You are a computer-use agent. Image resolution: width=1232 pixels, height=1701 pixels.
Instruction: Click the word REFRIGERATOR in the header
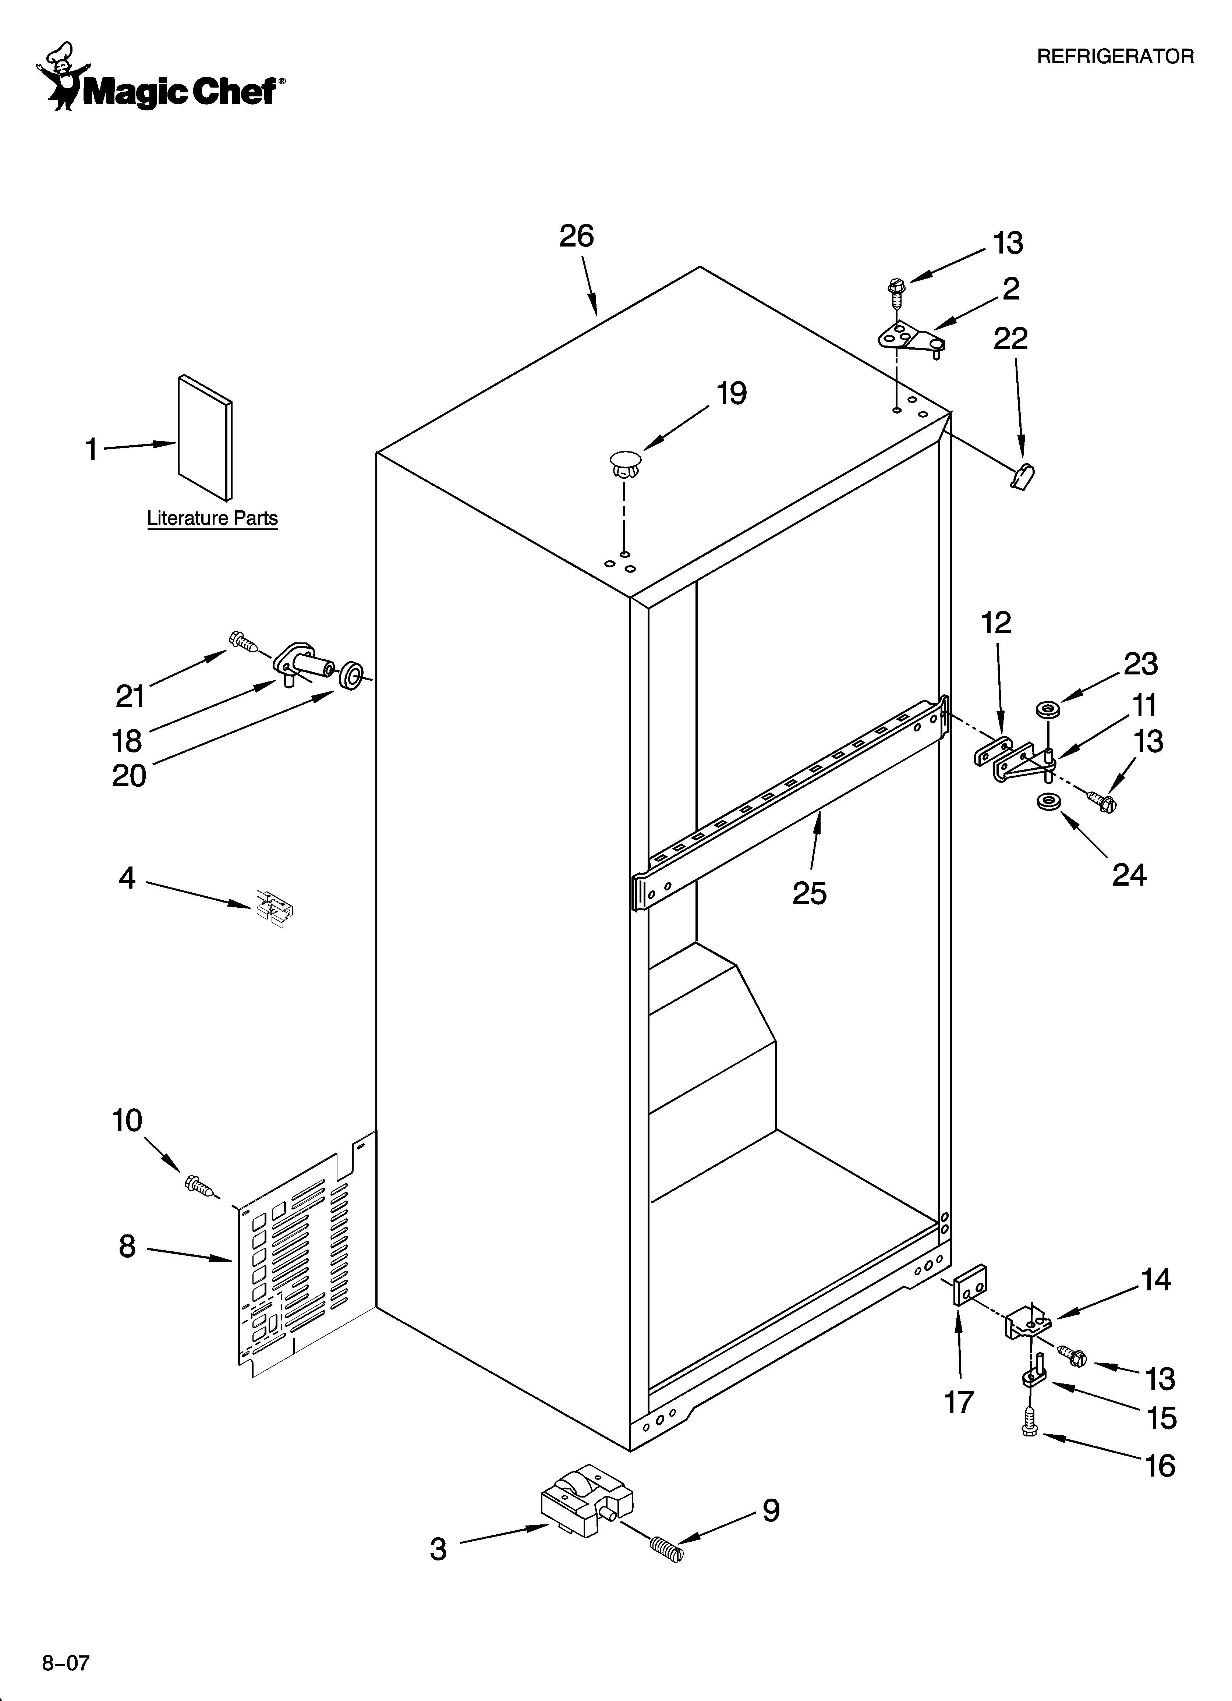tap(1115, 56)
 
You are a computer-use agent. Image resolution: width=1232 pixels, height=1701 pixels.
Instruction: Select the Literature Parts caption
tap(212, 518)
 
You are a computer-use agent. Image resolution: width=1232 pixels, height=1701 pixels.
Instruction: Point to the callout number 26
tap(576, 236)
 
